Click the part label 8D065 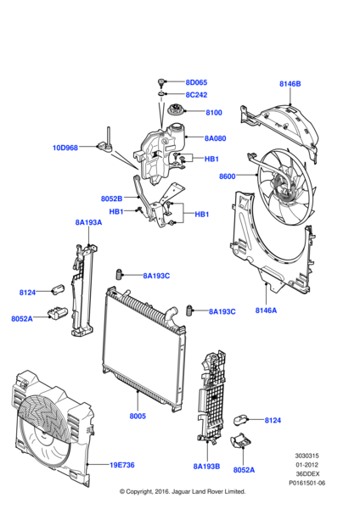coord(196,82)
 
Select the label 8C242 coord(196,95)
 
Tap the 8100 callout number coord(214,113)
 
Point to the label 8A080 coord(215,138)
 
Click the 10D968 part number coord(65,148)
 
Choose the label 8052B coord(112,199)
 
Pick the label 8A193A coord(88,222)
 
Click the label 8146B coord(290,84)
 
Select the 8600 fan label coord(227,176)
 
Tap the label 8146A coord(266,310)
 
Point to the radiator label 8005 coord(138,417)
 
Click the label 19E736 coord(122,465)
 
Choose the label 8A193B coord(206,467)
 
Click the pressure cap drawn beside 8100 coord(176,109)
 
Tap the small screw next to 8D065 coord(160,83)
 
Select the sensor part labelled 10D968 coord(105,142)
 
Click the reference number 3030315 coord(307,456)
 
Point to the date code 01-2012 coord(307,465)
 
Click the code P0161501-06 coord(307,483)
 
